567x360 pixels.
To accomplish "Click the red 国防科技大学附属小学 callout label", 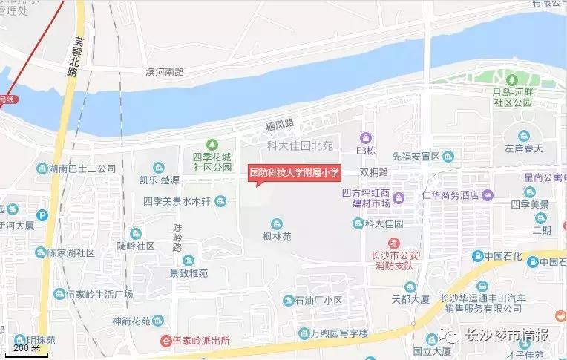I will (294, 172).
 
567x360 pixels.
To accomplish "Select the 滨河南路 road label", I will (164, 72).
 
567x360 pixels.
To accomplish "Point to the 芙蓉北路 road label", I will (72, 58).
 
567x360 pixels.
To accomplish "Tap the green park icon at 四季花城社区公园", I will (212, 143).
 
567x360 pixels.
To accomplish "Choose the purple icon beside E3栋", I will (365, 137).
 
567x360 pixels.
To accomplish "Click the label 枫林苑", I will (277, 238).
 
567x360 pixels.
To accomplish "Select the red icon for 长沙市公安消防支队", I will (395, 243).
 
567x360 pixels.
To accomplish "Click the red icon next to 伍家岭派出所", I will (165, 341).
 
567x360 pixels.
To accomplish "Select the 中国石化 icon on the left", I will (478, 256).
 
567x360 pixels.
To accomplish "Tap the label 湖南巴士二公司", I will (82, 168).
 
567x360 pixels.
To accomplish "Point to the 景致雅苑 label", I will (189, 272).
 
